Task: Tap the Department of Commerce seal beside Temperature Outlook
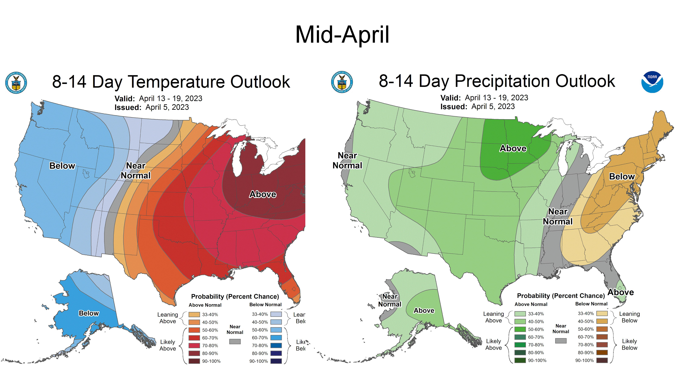pos(16,83)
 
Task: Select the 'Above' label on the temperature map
pos(262,194)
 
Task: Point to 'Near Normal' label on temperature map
pos(136,171)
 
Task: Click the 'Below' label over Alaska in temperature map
pos(89,313)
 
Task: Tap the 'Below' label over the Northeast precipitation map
pos(622,176)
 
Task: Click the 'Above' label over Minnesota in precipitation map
pos(513,148)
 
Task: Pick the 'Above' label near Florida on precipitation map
pos(621,292)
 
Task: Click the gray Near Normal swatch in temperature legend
pos(235,341)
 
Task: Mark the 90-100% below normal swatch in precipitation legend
pos(602,360)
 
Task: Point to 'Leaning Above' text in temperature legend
pos(168,318)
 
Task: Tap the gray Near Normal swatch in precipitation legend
pos(561,341)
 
